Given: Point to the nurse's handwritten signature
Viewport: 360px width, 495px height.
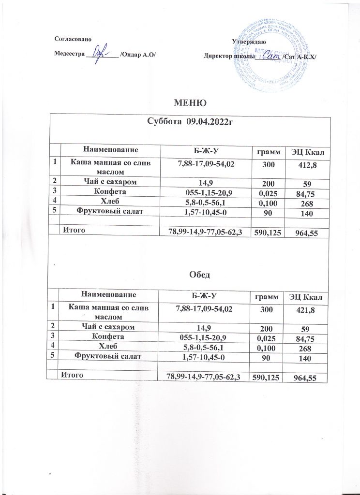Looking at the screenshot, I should click(100, 51).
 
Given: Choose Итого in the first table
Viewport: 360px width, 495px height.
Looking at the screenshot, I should click(73, 231).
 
